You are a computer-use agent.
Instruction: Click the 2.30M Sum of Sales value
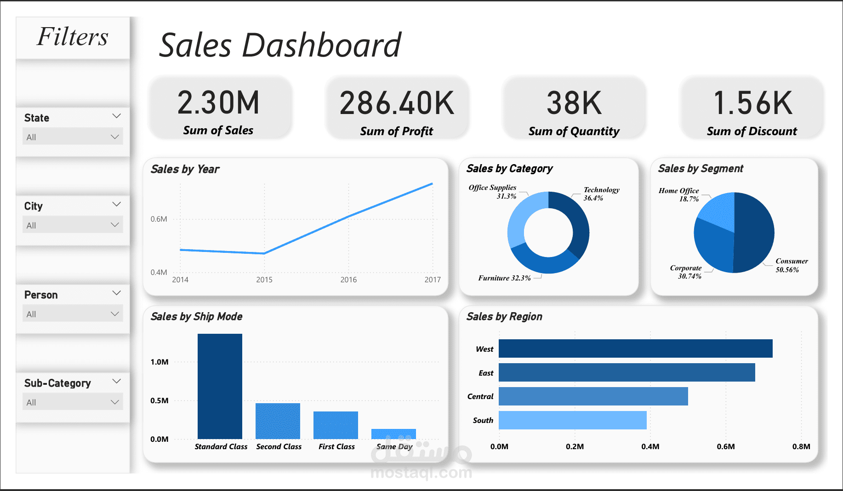pyautogui.click(x=218, y=103)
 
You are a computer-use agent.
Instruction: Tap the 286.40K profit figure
pyautogui.click(x=397, y=103)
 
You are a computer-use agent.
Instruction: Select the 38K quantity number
pyautogui.click(x=574, y=103)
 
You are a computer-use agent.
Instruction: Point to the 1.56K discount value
pyautogui.click(x=752, y=103)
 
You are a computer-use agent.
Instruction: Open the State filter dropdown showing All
pyautogui.click(x=73, y=137)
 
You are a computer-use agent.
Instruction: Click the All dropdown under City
pyautogui.click(x=73, y=225)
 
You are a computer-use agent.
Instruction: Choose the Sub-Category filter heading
pyautogui.click(x=57, y=383)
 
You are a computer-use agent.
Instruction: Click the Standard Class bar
pyautogui.click(x=220, y=386)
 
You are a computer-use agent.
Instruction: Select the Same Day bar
pyautogui.click(x=393, y=434)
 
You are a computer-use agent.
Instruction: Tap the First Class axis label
pyautogui.click(x=336, y=446)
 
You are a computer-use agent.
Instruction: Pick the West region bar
pyautogui.click(x=635, y=348)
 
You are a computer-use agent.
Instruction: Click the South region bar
pyautogui.click(x=572, y=420)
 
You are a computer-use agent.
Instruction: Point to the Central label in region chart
pyautogui.click(x=480, y=396)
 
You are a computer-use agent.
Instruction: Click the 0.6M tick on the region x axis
pyautogui.click(x=726, y=446)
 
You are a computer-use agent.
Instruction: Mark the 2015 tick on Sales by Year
pyautogui.click(x=264, y=280)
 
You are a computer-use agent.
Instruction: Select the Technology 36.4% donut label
pyautogui.click(x=601, y=194)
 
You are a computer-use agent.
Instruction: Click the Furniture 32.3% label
pyautogui.click(x=504, y=278)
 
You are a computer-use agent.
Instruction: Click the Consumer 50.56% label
pyautogui.click(x=792, y=265)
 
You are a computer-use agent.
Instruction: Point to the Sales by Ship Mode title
pyautogui.click(x=196, y=316)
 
